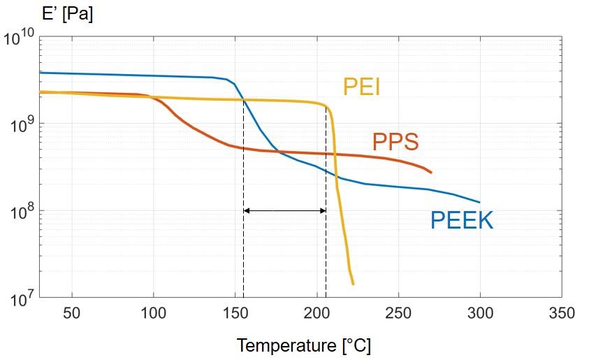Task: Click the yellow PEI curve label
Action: coord(361,87)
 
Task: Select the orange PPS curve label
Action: coord(395,142)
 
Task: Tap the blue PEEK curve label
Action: coord(462,220)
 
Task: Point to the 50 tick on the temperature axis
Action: coord(72,312)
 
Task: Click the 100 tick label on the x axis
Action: coord(153,312)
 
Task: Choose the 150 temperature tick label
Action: coord(235,312)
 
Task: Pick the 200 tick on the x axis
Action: coord(317,312)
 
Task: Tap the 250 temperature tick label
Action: coord(398,312)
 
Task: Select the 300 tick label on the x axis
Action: coord(480,312)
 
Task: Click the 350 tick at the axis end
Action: coord(562,312)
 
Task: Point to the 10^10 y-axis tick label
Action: coord(19,38)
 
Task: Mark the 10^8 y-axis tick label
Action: coord(22,212)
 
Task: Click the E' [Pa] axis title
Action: coord(67,14)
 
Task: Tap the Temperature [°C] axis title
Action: coord(303,345)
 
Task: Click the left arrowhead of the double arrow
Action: coord(247,211)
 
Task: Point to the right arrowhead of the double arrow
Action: coord(323,211)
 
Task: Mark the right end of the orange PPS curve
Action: coord(431,173)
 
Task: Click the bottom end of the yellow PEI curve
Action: coord(353,284)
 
